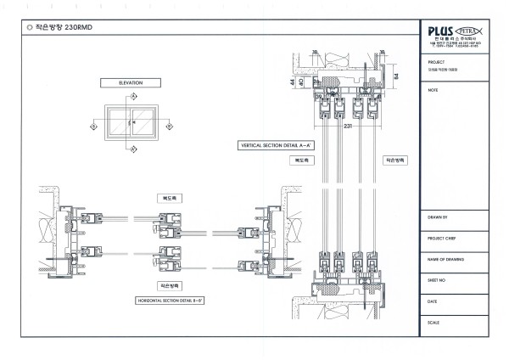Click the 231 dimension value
347,125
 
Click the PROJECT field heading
437,62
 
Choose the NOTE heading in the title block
433,88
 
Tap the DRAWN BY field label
439,217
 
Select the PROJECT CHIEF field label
442,239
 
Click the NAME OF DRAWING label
444,259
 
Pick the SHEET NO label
438,279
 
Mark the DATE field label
433,301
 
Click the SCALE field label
434,321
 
